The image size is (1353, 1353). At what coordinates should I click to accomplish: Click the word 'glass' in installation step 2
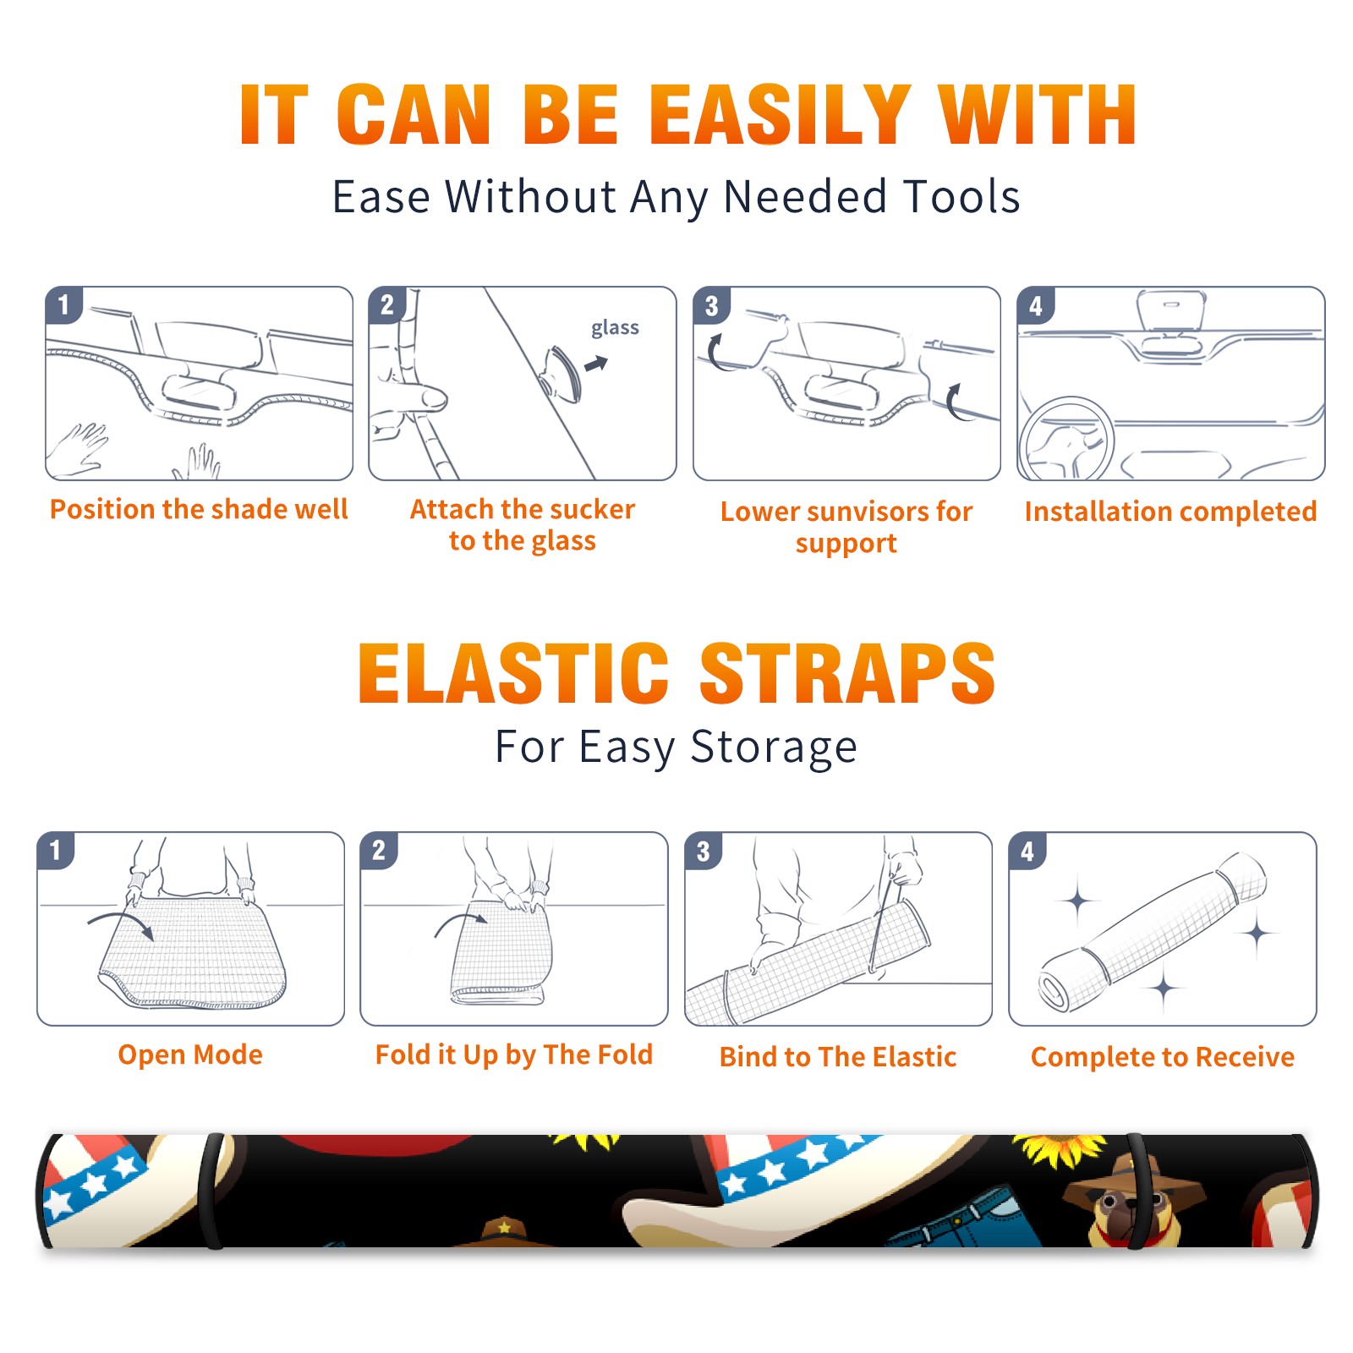click(615, 328)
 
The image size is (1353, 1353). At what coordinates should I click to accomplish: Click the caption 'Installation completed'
click(1170, 512)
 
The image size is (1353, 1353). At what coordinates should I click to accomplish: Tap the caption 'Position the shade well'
click(199, 509)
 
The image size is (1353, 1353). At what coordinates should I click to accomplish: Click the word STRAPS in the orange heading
click(847, 673)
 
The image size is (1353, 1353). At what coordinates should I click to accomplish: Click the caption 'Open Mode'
click(190, 1054)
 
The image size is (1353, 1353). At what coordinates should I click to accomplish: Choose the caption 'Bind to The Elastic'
click(837, 1057)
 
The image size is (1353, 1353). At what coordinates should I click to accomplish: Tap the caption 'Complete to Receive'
click(1163, 1057)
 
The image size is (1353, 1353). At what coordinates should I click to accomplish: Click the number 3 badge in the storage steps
click(704, 852)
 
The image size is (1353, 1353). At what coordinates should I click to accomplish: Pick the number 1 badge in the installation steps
click(63, 304)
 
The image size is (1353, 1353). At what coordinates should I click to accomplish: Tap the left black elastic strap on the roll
click(212, 1191)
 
